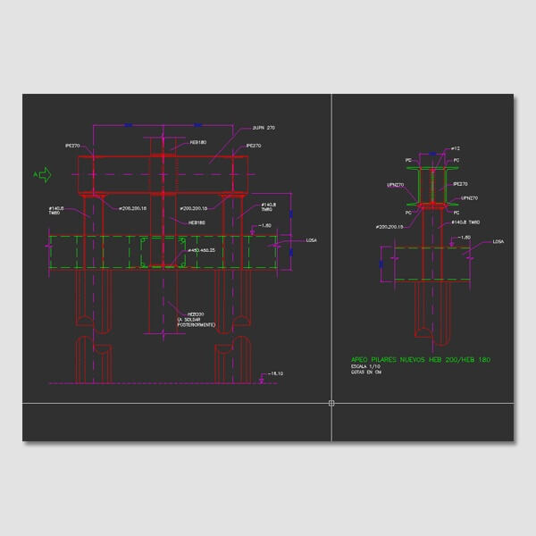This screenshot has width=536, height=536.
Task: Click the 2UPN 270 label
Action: tap(264, 128)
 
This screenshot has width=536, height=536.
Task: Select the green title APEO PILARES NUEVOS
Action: tap(421, 359)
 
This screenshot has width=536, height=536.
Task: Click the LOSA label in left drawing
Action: tap(311, 240)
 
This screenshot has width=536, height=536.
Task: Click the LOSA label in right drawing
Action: tap(498, 241)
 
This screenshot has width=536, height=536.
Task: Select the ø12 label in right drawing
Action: tap(455, 148)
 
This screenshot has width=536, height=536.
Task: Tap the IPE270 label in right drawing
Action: tap(461, 184)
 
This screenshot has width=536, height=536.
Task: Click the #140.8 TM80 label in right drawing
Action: tap(467, 222)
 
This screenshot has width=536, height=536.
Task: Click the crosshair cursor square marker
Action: tap(331, 404)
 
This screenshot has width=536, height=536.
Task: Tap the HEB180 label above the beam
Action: tap(198, 142)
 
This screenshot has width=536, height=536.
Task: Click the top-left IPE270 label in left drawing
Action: tap(73, 145)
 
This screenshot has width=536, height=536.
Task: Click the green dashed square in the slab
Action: tap(163, 252)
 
